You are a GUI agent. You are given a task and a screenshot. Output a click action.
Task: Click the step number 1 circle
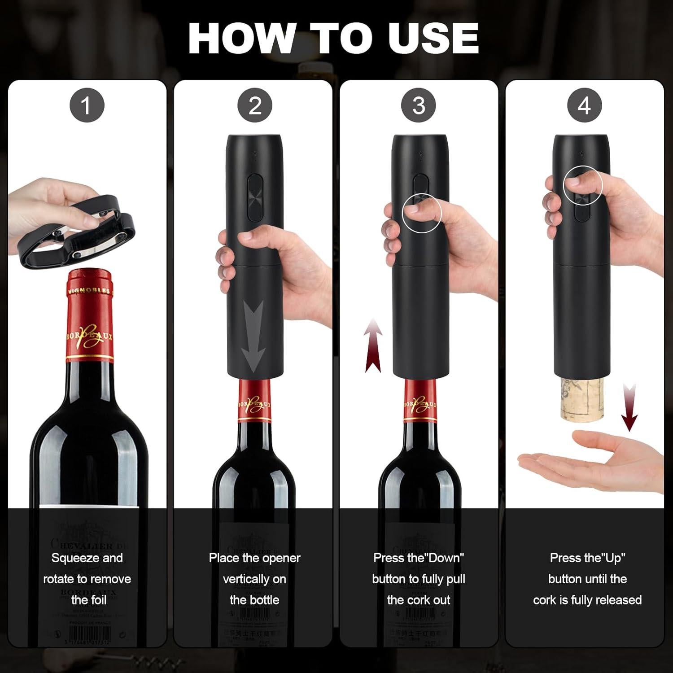pyautogui.click(x=87, y=106)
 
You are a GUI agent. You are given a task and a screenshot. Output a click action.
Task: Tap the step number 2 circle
pyautogui.click(x=255, y=106)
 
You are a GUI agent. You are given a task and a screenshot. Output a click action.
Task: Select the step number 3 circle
pyautogui.click(x=419, y=106)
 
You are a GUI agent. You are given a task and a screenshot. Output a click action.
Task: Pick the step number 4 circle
pyautogui.click(x=584, y=106)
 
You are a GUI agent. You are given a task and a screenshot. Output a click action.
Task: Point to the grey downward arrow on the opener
pyautogui.click(x=254, y=334)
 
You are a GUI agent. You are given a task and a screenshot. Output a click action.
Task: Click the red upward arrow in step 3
pyautogui.click(x=373, y=345)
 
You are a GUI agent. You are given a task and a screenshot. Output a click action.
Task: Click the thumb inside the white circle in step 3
pyautogui.click(x=420, y=209)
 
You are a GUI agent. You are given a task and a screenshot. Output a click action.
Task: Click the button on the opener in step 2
pyautogui.click(x=254, y=197)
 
